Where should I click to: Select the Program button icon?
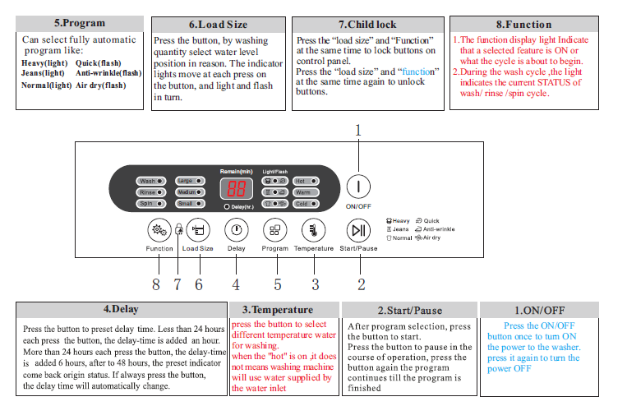[x=275, y=231]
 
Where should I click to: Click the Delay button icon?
[x=236, y=231]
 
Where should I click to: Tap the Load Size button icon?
[x=197, y=231]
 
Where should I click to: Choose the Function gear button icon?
[x=159, y=231]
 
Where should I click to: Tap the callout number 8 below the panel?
[x=156, y=284]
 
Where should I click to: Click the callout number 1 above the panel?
[x=358, y=130]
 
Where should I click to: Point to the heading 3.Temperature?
[x=277, y=310]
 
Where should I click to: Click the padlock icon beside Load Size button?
[x=178, y=233]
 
